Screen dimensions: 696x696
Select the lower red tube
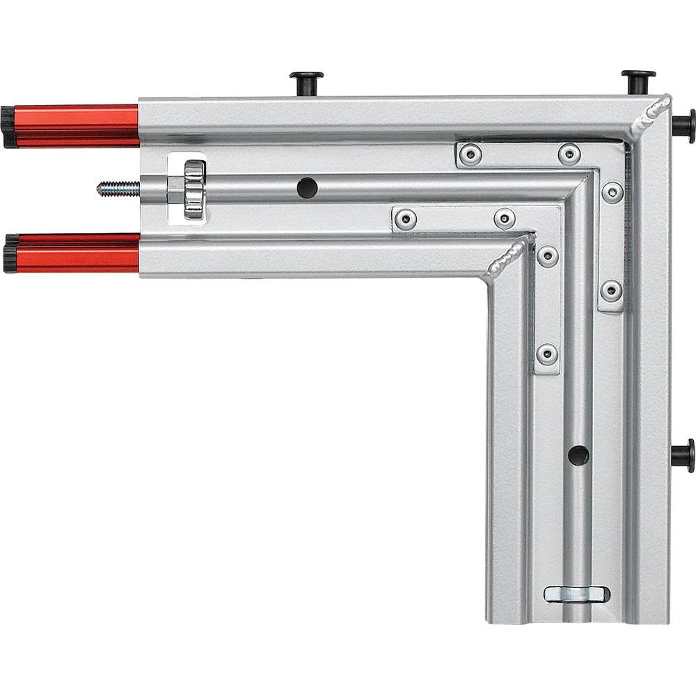tap(77, 253)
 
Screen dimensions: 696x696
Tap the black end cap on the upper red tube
tap(8, 127)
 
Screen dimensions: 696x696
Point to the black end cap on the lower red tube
tap(10, 253)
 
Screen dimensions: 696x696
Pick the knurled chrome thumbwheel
tap(195, 188)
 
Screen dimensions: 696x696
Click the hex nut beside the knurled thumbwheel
tap(175, 189)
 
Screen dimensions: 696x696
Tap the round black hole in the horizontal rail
tap(307, 187)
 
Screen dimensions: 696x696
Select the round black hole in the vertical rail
tap(578, 455)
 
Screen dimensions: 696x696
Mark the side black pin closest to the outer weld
tap(683, 125)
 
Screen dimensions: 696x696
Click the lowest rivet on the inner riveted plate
tap(547, 354)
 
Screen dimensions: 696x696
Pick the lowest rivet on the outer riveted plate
tap(611, 290)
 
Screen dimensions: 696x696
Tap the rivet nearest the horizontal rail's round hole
tap(404, 220)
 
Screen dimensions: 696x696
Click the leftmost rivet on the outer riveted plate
tap(470, 155)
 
